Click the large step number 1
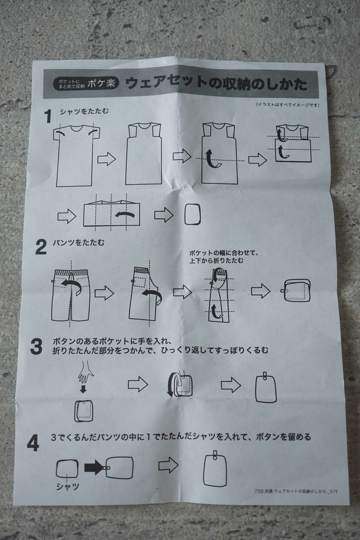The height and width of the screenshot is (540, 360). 49,116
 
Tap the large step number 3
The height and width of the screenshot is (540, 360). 36,346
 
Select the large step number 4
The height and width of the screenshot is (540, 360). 33,444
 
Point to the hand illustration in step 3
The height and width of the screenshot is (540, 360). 85,372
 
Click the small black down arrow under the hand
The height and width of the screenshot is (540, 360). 83,389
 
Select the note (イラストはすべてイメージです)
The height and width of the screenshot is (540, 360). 288,104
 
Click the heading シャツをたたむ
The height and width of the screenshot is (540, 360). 84,112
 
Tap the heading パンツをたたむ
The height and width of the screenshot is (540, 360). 79,242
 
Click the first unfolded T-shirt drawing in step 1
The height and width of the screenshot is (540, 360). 76,156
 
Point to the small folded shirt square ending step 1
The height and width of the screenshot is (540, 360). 193,214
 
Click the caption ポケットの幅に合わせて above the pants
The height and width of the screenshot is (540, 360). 224,253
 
